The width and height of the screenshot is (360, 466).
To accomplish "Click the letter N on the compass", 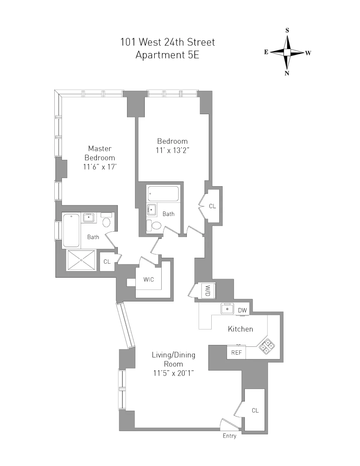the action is pos(287,73).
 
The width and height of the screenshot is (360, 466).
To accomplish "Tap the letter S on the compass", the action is pos(287,31).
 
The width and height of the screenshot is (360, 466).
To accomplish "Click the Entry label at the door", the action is pos(230,436).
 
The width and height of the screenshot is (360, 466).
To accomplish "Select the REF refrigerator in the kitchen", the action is pos(237,353).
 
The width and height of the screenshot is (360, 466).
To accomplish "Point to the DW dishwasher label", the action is pos(242,310).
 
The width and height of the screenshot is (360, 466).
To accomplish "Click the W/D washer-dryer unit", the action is pos(207,291).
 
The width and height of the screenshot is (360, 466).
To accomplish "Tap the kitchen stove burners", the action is pos(267,346).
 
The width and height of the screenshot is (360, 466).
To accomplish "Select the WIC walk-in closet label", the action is pos(149,279).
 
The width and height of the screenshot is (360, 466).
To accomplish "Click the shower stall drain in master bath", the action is pos(81,260).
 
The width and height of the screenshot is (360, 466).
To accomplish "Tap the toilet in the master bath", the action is pos(106,220).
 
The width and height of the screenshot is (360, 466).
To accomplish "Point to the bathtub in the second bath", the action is pos(163,194).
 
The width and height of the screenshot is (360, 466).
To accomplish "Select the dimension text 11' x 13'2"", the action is pos(172,151).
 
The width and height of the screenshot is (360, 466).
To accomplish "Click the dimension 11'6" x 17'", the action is pos(100,167).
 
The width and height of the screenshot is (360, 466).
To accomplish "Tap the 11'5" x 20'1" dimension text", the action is pos(174,373).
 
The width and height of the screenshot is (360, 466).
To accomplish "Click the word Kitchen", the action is pos(240,329).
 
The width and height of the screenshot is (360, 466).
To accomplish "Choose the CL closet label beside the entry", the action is pos(255,410).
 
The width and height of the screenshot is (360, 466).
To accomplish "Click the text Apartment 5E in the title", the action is pos(167,55).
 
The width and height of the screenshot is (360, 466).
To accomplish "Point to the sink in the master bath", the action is pos(89,218).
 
